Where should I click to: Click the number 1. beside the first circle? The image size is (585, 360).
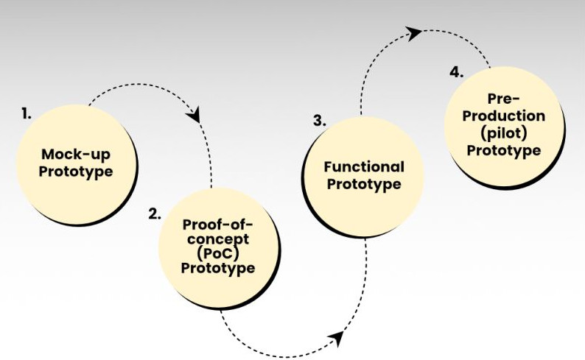pyautogui.click(x=27, y=113)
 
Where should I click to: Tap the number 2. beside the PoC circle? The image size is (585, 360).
pyautogui.click(x=154, y=214)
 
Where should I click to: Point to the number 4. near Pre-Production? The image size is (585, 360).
pyautogui.click(x=456, y=72)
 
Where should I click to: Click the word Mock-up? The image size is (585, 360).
pyautogui.click(x=77, y=155)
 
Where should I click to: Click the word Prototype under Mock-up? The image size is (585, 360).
pyautogui.click(x=76, y=172)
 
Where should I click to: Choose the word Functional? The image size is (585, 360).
pyautogui.click(x=364, y=167)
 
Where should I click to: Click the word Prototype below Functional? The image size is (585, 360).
pyautogui.click(x=364, y=184)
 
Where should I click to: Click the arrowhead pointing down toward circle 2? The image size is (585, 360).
pyautogui.click(x=196, y=116)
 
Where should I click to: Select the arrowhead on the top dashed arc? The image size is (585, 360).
pyautogui.click(x=415, y=32)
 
